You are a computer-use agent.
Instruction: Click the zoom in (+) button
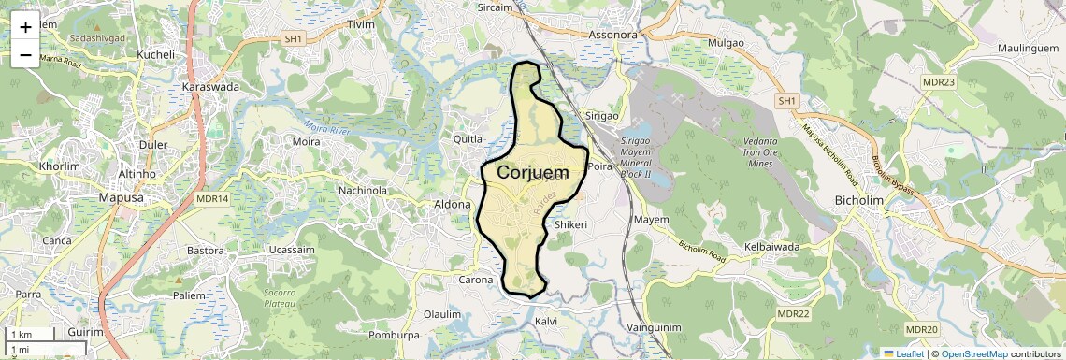tap(25, 26)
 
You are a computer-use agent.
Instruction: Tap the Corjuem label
tap(533, 173)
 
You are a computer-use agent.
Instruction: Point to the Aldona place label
tap(457, 204)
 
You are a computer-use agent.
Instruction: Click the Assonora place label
tap(612, 36)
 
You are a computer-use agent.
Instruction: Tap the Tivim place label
tap(360, 24)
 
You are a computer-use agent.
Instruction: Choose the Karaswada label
tap(211, 87)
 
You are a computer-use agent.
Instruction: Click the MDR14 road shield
tap(212, 198)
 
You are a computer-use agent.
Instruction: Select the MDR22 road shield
tap(792, 313)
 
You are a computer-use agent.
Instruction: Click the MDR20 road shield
tap(921, 329)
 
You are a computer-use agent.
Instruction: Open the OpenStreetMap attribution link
tap(973, 353)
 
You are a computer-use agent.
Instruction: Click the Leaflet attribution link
tap(903, 353)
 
